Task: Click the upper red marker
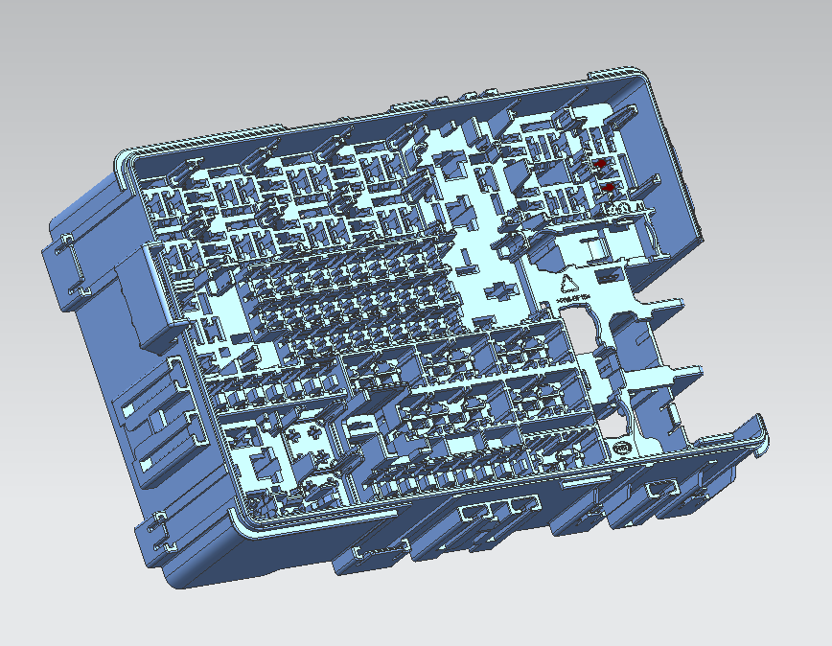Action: point(601,165)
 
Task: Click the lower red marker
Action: point(608,187)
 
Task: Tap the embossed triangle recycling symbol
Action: point(567,283)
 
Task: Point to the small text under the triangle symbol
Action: point(572,299)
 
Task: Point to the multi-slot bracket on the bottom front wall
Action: point(495,511)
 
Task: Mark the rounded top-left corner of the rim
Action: point(125,158)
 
